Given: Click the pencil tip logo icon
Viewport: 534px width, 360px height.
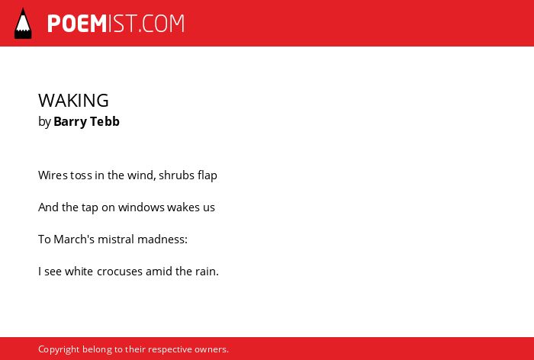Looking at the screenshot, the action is [x=23, y=23].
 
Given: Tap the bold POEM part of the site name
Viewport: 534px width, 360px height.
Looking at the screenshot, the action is [x=77, y=24].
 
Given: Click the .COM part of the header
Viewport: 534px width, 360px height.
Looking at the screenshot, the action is [x=162, y=24].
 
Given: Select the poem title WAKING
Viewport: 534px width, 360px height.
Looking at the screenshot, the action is [x=73, y=101].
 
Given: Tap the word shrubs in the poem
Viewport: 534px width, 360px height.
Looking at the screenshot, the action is [x=172, y=175].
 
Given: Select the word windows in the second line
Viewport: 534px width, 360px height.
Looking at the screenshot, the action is [x=141, y=207].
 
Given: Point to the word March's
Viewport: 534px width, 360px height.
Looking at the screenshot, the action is [x=74, y=239].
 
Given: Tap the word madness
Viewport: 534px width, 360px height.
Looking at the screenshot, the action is [x=161, y=239].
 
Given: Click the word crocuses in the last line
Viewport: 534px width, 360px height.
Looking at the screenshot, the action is [x=120, y=272].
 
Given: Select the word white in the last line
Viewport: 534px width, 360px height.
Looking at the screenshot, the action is [x=79, y=272].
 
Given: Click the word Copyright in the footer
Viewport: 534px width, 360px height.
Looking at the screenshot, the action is [x=59, y=349].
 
